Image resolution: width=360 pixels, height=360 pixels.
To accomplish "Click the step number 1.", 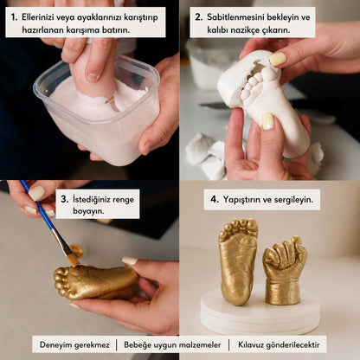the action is pyautogui.click(x=14, y=17).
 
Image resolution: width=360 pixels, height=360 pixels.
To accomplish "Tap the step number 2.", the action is pyautogui.click(x=198, y=17).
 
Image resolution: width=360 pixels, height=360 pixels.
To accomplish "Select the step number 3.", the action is pyautogui.click(x=65, y=199).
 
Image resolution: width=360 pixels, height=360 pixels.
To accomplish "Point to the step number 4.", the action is pyautogui.click(x=215, y=199).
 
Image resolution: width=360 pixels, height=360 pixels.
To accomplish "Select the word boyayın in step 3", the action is pyautogui.click(x=88, y=211).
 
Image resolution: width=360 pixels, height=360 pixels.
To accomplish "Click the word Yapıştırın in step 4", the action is pyautogui.click(x=243, y=200).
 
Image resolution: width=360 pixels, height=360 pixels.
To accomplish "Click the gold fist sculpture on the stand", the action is pyautogui.click(x=285, y=271).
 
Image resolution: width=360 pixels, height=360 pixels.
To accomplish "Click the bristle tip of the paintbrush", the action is pyautogui.click(x=74, y=262).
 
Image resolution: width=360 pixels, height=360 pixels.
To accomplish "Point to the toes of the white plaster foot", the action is pyautogui.click(x=254, y=83).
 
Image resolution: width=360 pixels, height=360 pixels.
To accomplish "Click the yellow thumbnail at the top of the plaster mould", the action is pyautogui.click(x=278, y=59).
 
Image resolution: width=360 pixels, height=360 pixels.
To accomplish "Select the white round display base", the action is pyautogui.click(x=260, y=313).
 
